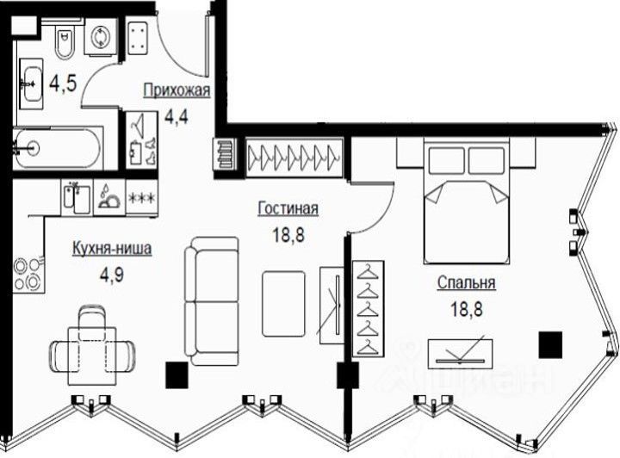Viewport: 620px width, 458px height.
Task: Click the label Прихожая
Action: pyautogui.click(x=175, y=89)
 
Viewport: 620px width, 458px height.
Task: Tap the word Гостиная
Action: pyautogui.click(x=288, y=208)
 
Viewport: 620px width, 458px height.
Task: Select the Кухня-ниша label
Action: pyautogui.click(x=112, y=250)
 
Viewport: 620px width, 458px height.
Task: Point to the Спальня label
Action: pyautogui.click(x=466, y=282)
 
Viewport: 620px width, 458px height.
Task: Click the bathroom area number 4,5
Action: pyautogui.click(x=61, y=84)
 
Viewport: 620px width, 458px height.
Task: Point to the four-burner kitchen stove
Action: pyautogui.click(x=27, y=274)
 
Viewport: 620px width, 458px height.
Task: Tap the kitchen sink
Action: pyautogui.click(x=76, y=198)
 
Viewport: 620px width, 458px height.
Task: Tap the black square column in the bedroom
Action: pyautogui.click(x=549, y=344)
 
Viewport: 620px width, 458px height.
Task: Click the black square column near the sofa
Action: pyautogui.click(x=176, y=375)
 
